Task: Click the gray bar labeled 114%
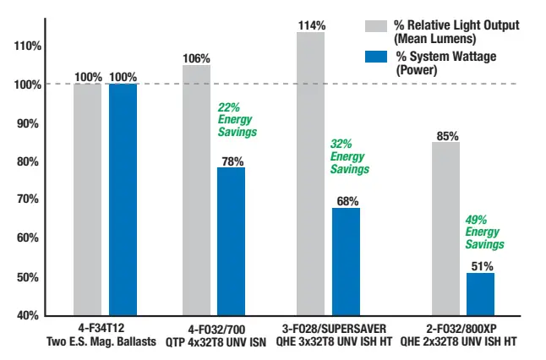pyautogui.click(x=310, y=173)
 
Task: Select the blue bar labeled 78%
pyautogui.click(x=231, y=241)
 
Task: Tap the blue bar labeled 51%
pyautogui.click(x=480, y=293)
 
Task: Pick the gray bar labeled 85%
pyautogui.click(x=445, y=228)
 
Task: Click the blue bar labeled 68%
pyautogui.click(x=346, y=260)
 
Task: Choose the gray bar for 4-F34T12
pyautogui.click(x=87, y=199)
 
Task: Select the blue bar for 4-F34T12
pyautogui.click(x=123, y=199)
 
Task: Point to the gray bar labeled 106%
pyautogui.click(x=196, y=189)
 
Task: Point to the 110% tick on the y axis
pyautogui.click(x=28, y=46)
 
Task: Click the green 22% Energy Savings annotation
pyautogui.click(x=237, y=120)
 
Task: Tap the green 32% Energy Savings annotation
pyautogui.click(x=349, y=156)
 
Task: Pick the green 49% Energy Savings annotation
pyautogui.click(x=484, y=232)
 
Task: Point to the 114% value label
pyautogui.click(x=310, y=25)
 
